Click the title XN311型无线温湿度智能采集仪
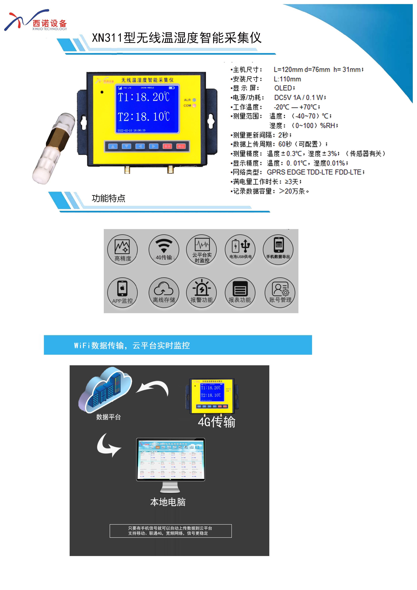pos(177,38)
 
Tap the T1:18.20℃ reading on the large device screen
pos(144,97)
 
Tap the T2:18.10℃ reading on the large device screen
pos(144,117)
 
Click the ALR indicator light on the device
pos(194,100)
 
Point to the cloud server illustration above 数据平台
pos(105,389)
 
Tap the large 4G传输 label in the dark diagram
pos(217,422)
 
